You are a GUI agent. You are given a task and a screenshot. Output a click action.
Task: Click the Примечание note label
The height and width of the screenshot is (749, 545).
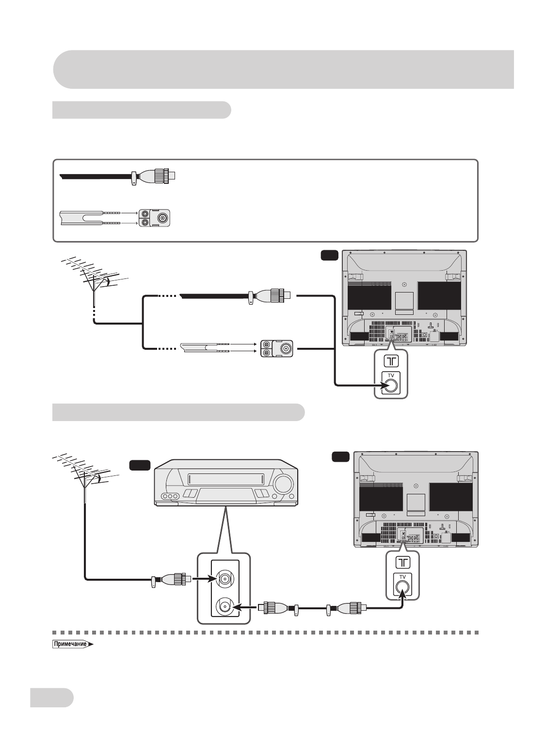click(73, 644)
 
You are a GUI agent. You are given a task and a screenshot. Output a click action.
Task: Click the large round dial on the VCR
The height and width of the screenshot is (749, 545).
click(284, 484)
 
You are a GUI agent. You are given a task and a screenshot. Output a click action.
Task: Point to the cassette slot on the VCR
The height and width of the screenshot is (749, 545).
click(226, 479)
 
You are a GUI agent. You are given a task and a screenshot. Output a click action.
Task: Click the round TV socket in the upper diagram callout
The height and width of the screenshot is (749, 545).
click(391, 386)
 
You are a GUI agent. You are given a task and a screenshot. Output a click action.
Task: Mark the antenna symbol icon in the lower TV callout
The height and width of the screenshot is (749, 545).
click(403, 562)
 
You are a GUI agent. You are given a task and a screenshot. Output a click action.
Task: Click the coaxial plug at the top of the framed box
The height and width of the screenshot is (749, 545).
click(153, 176)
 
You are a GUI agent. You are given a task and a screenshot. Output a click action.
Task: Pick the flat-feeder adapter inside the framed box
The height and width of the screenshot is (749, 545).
click(154, 218)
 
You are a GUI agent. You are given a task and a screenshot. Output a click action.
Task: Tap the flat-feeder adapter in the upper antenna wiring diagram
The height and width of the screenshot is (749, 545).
click(277, 349)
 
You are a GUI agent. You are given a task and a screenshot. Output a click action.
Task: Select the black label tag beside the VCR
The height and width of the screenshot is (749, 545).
click(140, 465)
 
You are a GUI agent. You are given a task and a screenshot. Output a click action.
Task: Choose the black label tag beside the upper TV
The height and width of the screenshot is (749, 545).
click(329, 256)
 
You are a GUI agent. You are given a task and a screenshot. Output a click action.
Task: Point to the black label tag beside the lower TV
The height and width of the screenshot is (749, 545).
click(340, 456)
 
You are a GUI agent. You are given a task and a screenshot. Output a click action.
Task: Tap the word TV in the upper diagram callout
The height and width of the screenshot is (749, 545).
click(391, 375)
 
